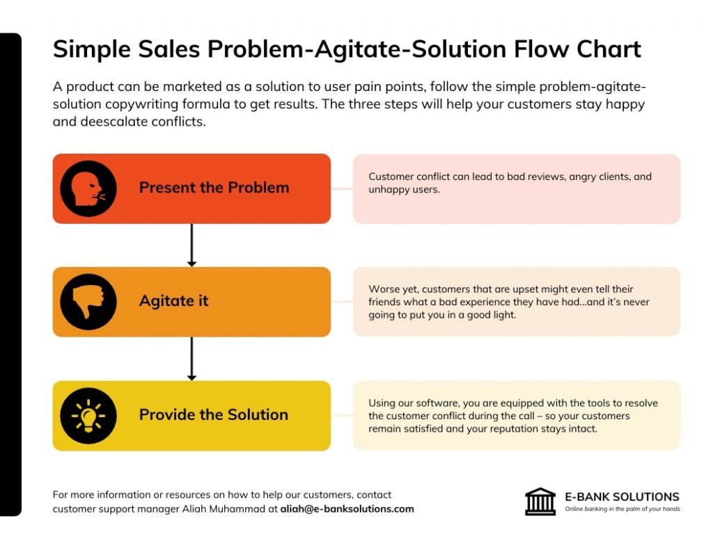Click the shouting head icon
[88, 188]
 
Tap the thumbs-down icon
[88, 302]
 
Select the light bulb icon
[88, 416]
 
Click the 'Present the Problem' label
[214, 188]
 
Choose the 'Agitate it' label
[173, 300]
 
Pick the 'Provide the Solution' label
[214, 414]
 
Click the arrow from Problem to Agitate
[191, 245]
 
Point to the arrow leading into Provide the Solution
[191, 359]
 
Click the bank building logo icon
[540, 501]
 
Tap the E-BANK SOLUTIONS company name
[622, 496]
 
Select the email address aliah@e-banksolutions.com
[347, 509]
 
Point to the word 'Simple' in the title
[92, 50]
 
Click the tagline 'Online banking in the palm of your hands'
[622, 509]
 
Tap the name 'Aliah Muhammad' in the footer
[223, 509]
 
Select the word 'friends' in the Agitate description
[384, 302]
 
